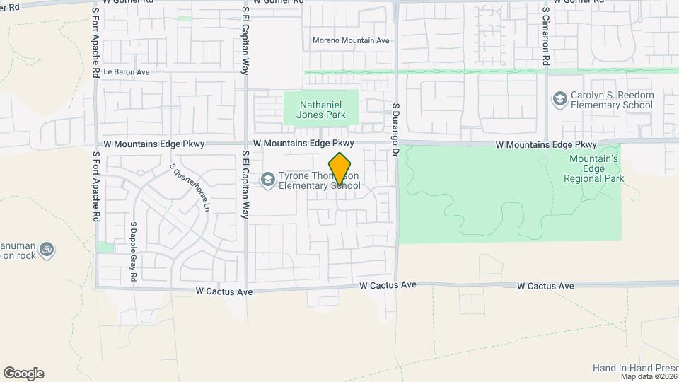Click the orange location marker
tap(340, 168)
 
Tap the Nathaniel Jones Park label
tap(322, 108)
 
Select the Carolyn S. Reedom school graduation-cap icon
tap(560, 98)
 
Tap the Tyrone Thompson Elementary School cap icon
tap(267, 180)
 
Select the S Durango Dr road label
tap(396, 124)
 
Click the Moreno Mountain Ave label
tap(351, 41)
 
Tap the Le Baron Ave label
tap(127, 72)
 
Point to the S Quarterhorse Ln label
tap(190, 187)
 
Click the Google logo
tap(23, 374)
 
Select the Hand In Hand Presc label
tap(635, 368)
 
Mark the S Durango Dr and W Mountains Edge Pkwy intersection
tap(396, 144)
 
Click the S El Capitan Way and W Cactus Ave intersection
tap(245, 289)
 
